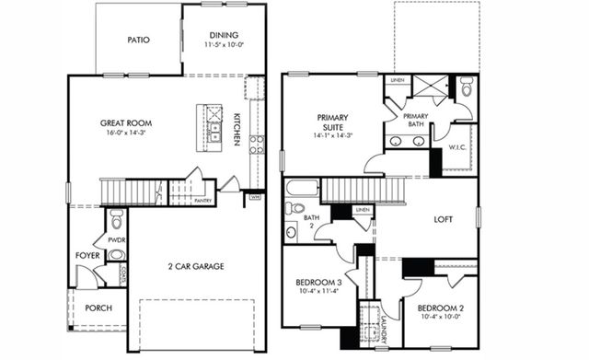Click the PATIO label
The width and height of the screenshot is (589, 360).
(x=139, y=40)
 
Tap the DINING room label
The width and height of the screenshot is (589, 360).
(x=225, y=35)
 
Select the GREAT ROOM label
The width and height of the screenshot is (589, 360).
(x=126, y=122)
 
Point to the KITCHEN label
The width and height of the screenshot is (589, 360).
(x=237, y=128)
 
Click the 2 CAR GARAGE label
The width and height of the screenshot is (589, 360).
(x=195, y=266)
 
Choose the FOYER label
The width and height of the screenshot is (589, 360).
(x=87, y=255)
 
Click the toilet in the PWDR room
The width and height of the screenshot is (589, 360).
(x=116, y=219)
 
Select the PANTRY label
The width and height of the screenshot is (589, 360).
(x=203, y=200)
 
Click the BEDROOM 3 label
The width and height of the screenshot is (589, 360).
(x=318, y=282)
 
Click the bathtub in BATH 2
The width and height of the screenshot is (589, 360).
(x=302, y=189)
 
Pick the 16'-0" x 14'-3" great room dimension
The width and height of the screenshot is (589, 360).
(x=126, y=134)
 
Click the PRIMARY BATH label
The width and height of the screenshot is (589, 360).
(x=414, y=121)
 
